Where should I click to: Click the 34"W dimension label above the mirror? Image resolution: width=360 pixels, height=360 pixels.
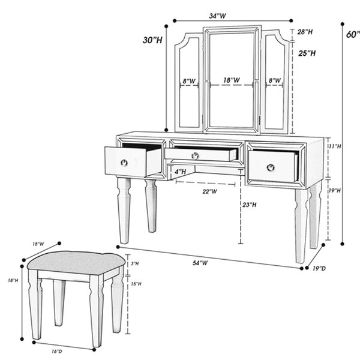(217, 16)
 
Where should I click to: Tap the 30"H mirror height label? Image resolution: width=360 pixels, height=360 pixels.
(152, 40)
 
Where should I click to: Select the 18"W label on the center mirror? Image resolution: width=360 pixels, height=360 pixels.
(232, 80)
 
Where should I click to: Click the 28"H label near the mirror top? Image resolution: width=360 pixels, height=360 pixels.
(305, 32)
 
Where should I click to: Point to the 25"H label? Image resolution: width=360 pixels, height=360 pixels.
(307, 53)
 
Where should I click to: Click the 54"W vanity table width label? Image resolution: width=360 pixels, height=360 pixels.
(200, 263)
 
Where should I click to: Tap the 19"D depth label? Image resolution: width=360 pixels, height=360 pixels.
(319, 268)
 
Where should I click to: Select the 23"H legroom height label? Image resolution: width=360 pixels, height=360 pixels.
(250, 205)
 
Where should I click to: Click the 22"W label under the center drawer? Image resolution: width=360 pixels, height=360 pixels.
(209, 191)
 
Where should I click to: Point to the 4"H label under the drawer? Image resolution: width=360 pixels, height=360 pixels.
(180, 172)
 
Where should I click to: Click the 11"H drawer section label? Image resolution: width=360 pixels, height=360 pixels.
(335, 146)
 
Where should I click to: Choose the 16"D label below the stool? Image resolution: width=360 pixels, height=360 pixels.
(57, 351)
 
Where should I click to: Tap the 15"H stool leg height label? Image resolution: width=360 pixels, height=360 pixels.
(136, 284)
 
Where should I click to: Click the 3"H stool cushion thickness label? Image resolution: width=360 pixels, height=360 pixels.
(134, 263)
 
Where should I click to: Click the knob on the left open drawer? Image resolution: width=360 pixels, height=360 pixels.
(124, 163)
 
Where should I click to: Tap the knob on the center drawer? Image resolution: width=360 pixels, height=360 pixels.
(195, 155)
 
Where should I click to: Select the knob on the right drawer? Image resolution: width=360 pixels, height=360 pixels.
(271, 167)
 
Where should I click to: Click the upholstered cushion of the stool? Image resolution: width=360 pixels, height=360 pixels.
(76, 263)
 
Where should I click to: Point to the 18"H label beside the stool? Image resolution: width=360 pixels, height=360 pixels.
(13, 280)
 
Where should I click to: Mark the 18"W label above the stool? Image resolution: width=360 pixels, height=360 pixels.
(38, 244)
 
